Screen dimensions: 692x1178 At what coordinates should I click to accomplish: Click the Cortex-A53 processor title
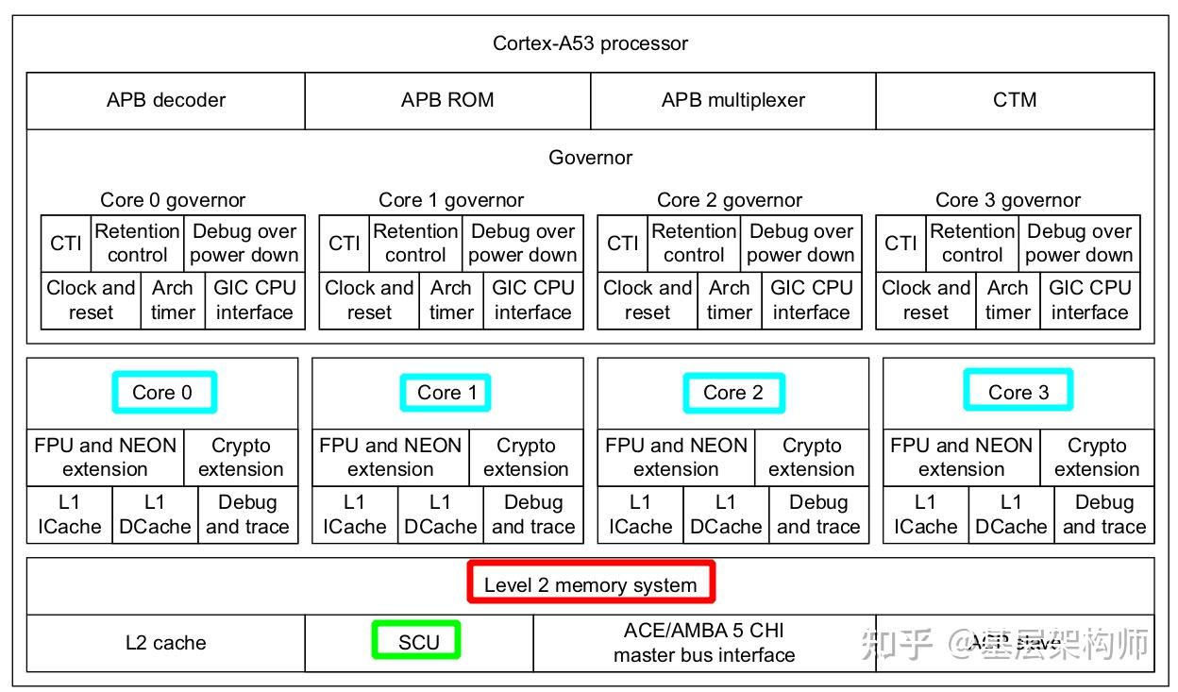click(590, 43)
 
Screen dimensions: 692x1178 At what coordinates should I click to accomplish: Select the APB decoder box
click(166, 100)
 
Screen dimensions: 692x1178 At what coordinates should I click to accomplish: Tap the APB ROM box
click(447, 100)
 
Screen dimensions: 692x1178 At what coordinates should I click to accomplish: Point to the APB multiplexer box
click(732, 100)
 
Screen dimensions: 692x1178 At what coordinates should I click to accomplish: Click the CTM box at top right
click(1015, 100)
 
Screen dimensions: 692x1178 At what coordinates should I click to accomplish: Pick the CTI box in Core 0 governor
click(66, 244)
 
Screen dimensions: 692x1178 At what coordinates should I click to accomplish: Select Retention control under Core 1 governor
click(415, 244)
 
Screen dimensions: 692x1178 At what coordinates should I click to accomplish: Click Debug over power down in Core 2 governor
click(800, 244)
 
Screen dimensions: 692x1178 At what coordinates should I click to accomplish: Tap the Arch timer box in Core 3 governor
click(1007, 300)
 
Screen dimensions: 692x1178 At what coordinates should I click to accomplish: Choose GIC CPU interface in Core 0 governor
click(255, 300)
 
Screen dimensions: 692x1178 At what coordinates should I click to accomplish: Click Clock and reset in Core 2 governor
click(648, 300)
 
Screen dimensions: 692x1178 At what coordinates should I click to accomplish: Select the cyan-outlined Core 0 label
click(163, 393)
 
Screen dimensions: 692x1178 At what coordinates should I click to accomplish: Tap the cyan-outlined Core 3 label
click(1018, 393)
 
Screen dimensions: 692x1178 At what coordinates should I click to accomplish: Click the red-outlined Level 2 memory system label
click(591, 584)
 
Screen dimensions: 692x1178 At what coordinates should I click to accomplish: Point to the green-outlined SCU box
click(418, 642)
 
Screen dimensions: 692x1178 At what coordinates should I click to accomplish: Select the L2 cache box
click(166, 643)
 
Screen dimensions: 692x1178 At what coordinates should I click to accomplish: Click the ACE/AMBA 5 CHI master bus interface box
click(704, 643)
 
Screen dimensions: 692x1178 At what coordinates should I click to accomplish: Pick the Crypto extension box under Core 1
click(526, 458)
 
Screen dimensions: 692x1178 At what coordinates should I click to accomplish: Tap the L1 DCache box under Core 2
click(725, 515)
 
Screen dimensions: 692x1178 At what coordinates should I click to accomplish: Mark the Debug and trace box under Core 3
click(1103, 515)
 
